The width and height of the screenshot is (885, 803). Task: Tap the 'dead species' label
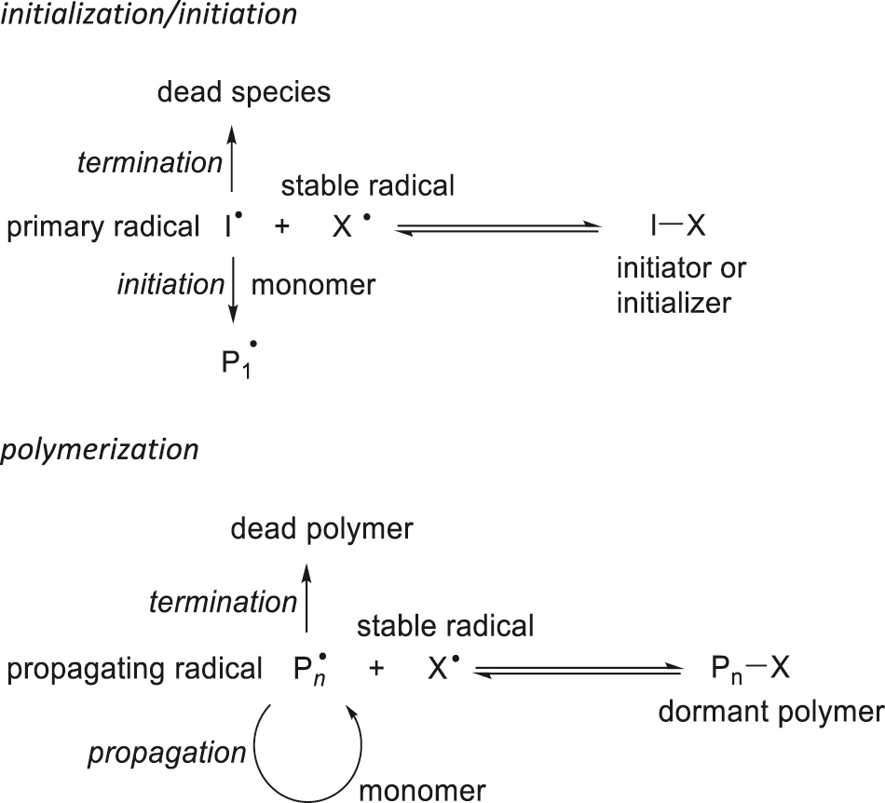[244, 93]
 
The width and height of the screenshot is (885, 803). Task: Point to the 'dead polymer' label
[322, 530]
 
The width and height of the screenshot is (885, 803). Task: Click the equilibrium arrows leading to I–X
[495, 228]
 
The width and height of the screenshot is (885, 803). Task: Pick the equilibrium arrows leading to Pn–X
[575, 670]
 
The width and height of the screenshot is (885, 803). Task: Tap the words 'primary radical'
[102, 227]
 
